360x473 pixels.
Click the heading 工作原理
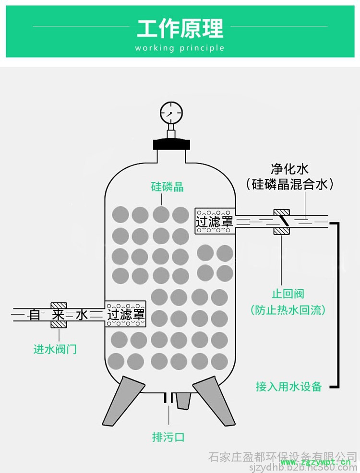coord(180,28)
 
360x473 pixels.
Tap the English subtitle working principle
coord(180,48)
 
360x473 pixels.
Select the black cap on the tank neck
coord(170,143)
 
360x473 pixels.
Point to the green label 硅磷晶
coord(168,186)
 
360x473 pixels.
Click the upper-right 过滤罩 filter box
coord(215,221)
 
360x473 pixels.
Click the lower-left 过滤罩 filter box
coord(125,315)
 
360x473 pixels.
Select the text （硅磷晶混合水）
coord(289,184)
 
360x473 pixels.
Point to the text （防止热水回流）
coord(288,310)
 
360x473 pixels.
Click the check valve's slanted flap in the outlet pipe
coord(283,221)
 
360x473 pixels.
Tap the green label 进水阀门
coord(55,349)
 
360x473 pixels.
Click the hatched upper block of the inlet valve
coord(59,306)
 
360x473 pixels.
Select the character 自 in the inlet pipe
coord(35,315)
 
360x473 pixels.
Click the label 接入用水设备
coord(288,386)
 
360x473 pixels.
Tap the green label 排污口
coord(168,437)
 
